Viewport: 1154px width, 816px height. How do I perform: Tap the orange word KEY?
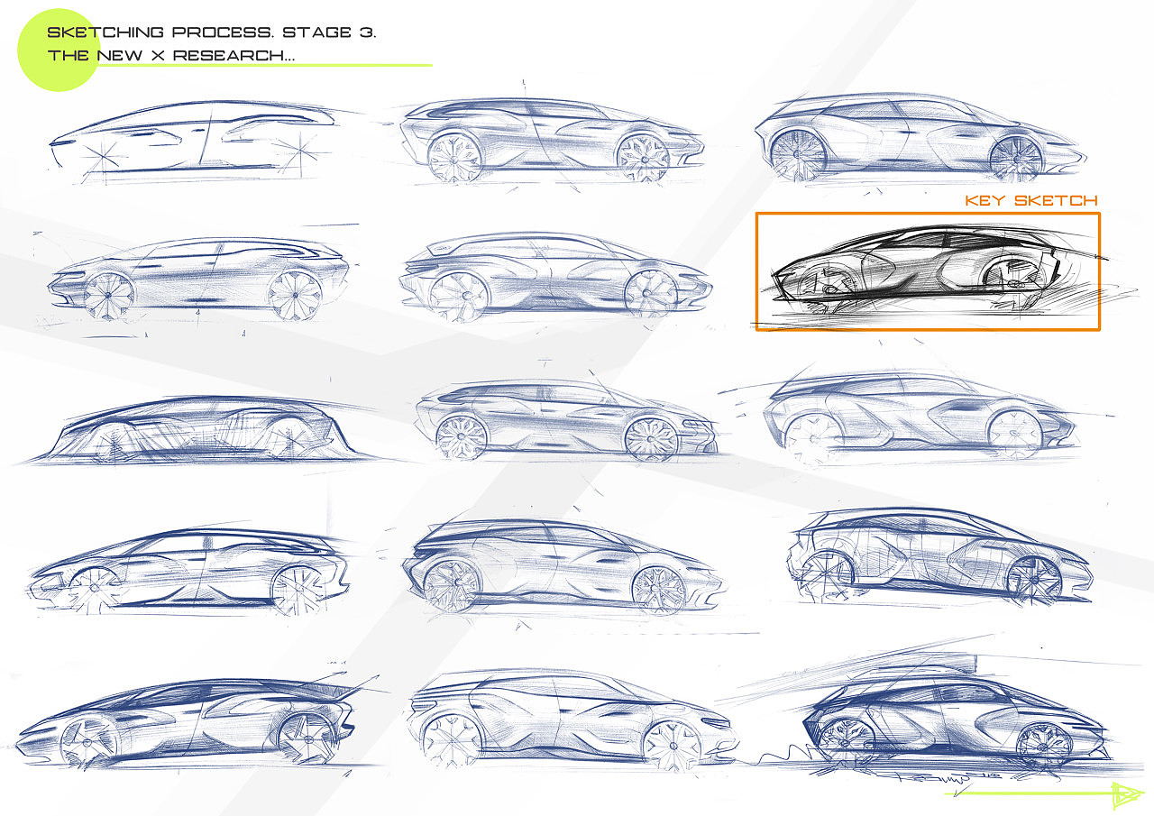[985, 200]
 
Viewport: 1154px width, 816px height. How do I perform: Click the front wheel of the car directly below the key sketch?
[1014, 433]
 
